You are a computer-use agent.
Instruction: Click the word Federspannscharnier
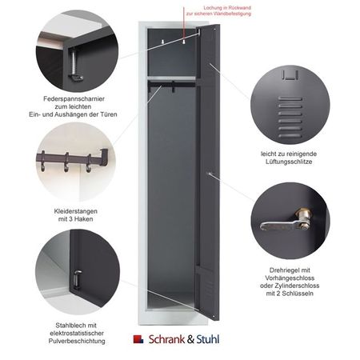(x=74, y=99)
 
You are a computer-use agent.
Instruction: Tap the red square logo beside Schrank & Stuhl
(x=138, y=339)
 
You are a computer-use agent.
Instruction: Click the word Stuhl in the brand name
(x=208, y=339)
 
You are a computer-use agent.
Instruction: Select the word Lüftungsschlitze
(x=289, y=162)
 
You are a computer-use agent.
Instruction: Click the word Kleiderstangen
(x=76, y=211)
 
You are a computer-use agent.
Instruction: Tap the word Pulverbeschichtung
(x=77, y=341)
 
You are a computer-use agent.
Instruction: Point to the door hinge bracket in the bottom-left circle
(x=78, y=278)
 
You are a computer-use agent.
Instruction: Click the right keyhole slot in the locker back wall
(x=184, y=42)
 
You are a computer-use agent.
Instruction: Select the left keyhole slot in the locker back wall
(x=162, y=42)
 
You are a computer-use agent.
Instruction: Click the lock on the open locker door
(x=210, y=174)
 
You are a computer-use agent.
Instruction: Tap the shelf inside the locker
(x=172, y=78)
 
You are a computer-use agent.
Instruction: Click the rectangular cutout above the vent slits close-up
(x=290, y=74)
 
